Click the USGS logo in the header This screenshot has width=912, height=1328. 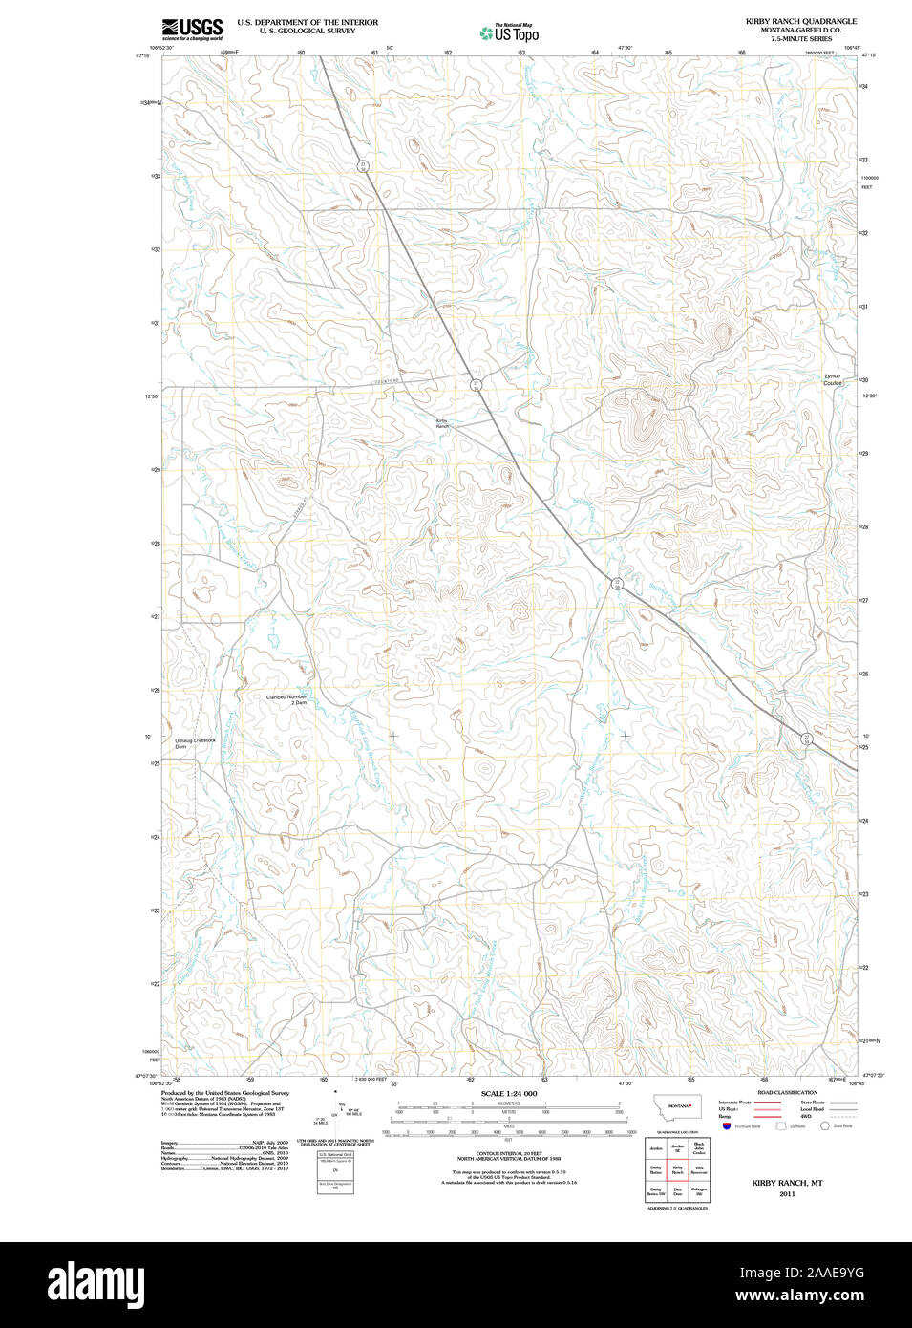192,29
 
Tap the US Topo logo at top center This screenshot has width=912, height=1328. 509,33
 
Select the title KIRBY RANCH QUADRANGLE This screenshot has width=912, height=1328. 800,21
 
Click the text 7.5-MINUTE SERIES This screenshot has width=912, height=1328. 800,39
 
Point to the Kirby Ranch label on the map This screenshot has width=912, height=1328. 442,423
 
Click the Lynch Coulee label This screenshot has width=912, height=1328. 833,379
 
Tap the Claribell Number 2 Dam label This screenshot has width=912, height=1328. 286,699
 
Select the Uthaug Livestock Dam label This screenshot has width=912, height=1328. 195,742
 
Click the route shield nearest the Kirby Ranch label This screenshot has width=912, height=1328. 476,384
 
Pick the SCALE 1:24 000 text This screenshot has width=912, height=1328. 508,1093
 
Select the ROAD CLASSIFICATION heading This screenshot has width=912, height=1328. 787,1092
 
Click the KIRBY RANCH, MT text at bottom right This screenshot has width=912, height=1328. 787,1183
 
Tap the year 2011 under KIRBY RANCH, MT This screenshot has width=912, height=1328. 787,1193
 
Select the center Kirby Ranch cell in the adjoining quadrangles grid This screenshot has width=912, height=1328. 677,1168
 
